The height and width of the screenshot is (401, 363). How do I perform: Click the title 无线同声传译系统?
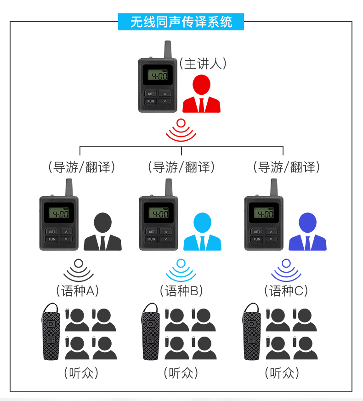[181, 22]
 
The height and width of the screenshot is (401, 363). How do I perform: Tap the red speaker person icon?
[201, 94]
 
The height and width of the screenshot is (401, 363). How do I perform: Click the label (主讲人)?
[203, 64]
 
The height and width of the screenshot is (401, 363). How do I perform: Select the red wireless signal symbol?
[181, 131]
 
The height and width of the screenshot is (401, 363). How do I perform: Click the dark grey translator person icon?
[102, 232]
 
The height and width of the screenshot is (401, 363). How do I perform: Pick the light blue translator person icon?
[202, 232]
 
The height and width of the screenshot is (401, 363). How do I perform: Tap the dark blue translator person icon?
[307, 232]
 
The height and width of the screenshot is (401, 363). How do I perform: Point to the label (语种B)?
[181, 291]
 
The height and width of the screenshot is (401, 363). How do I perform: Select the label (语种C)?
[286, 291]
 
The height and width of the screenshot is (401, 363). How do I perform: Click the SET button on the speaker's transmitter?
[151, 93]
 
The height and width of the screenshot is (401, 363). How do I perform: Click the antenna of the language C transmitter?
[274, 187]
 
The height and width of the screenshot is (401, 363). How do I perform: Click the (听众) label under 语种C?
[282, 372]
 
